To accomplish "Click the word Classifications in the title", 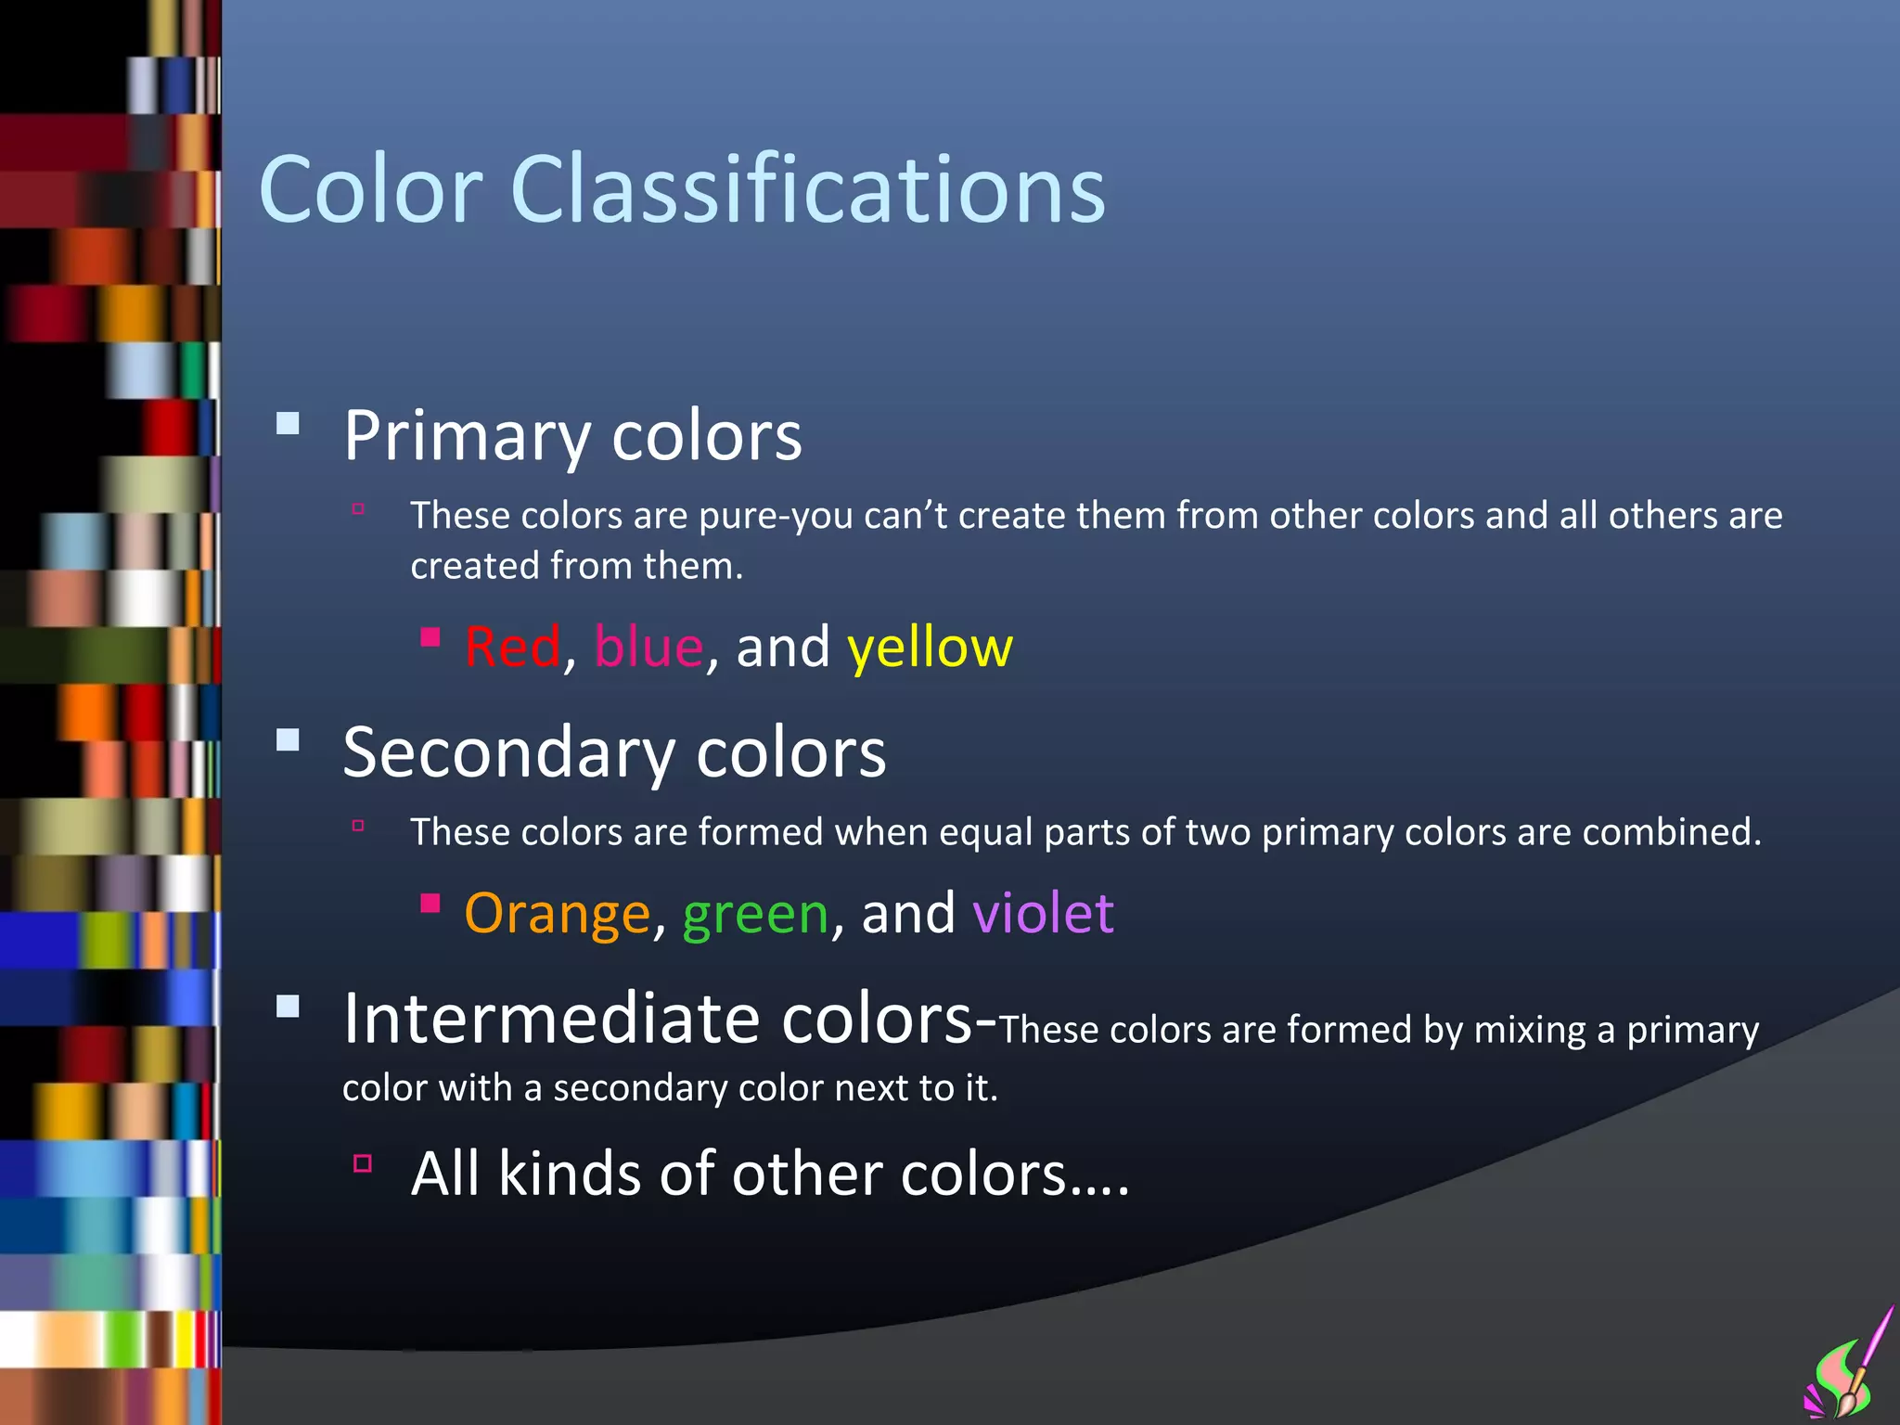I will coord(807,189).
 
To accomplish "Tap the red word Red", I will coord(513,647).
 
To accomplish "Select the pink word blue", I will coord(648,647).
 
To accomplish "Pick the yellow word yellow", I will coord(930,648).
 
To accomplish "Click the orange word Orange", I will coord(557,914).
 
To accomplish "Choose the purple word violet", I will coord(1043,913).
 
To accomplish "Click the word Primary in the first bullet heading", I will coord(467,436).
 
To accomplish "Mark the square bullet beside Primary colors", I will coord(288,424).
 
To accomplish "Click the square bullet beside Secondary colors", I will coord(288,739).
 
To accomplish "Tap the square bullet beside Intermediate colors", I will coord(288,1007).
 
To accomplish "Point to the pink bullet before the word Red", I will coord(430,636).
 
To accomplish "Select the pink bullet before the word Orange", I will coord(430,903).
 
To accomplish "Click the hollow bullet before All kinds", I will coord(363,1163).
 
